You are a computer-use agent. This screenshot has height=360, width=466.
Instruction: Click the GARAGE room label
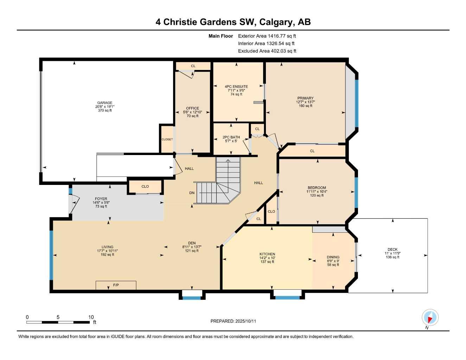click(x=105, y=103)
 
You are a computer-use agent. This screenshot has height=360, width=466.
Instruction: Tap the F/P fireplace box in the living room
click(x=116, y=285)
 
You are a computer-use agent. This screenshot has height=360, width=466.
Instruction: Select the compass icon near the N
click(x=430, y=317)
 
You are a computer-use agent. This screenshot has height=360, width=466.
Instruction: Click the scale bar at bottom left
click(x=58, y=322)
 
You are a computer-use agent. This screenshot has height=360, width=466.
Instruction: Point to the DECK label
click(x=392, y=250)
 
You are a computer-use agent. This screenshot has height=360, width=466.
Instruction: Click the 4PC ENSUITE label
click(x=236, y=86)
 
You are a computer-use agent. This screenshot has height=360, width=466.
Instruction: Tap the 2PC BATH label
click(x=231, y=137)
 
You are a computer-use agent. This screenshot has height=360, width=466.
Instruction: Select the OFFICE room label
click(x=192, y=108)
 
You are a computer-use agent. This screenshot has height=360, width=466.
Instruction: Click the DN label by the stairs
click(x=192, y=193)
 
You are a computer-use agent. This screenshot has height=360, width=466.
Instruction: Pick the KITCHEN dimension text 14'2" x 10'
click(x=267, y=258)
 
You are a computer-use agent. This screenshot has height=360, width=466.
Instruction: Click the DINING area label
click(x=333, y=257)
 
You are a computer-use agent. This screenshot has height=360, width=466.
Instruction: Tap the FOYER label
click(x=101, y=199)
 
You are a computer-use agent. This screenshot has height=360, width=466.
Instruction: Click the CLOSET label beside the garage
click(x=167, y=140)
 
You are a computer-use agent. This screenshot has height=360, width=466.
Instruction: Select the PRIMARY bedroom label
click(x=305, y=98)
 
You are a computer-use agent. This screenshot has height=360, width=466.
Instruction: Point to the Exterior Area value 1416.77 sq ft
click(x=282, y=36)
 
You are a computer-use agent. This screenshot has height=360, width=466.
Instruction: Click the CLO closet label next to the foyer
click(x=145, y=186)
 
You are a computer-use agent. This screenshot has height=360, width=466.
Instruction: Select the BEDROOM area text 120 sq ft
click(x=317, y=195)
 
